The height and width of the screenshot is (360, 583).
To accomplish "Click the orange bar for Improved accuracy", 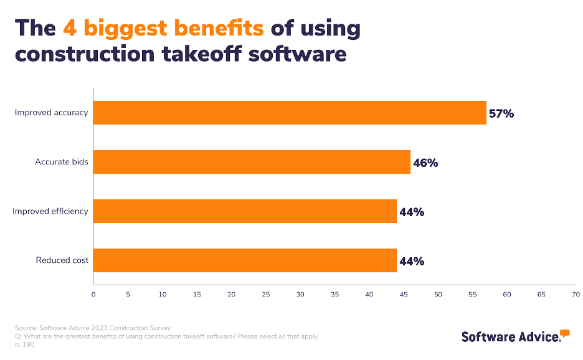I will tap(290, 113).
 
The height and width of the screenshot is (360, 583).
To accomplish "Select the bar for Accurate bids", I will tap(252, 162).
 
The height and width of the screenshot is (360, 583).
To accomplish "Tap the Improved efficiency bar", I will tap(245, 211).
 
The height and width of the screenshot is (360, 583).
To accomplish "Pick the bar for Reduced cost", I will tap(245, 260).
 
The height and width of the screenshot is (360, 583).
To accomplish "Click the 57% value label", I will tap(501, 113).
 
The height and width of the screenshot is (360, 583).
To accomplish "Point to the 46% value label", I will tap(425, 163).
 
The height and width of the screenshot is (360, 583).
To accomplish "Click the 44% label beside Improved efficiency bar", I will tap(412, 212).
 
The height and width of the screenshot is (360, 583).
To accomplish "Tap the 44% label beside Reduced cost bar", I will tap(412, 261).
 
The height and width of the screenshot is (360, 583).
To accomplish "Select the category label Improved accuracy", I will tap(52, 113).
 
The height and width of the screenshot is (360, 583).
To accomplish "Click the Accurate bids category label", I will tap(62, 162).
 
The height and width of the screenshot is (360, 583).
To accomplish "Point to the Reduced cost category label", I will tap(62, 260).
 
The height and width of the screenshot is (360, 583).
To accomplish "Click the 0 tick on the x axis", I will tap(93, 294).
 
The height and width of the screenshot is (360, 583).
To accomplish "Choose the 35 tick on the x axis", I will tap(334, 294).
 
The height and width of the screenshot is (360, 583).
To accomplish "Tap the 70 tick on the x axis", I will tap(576, 294).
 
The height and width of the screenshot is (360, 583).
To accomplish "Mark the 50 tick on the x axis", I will tap(438, 294).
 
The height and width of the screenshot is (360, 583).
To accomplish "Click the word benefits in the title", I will tap(216, 28).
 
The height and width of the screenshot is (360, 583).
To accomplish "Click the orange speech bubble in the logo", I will tap(565, 333).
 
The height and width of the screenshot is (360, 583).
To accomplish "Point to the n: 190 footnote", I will tap(25, 344).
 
